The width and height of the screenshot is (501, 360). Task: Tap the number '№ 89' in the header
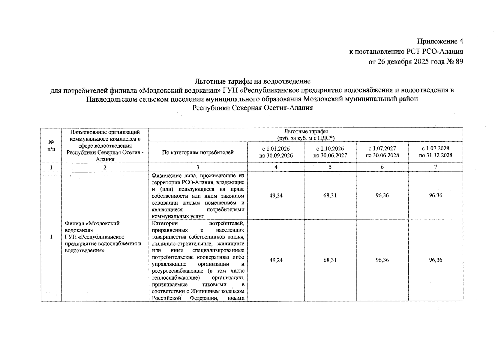455,62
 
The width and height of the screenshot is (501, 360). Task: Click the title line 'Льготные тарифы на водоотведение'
252,81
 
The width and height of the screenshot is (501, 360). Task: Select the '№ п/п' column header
51,146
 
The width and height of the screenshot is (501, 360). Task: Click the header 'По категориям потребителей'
198,152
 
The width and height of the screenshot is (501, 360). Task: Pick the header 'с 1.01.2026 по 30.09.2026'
276,152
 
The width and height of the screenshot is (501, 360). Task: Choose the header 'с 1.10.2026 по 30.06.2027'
330,152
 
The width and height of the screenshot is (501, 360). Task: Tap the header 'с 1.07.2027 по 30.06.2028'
382,152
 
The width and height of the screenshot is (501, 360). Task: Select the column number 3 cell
198,167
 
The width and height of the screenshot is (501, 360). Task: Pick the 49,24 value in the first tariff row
276,196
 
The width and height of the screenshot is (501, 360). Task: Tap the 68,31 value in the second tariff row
330,260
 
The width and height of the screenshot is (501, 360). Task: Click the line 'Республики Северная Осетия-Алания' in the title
252,108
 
